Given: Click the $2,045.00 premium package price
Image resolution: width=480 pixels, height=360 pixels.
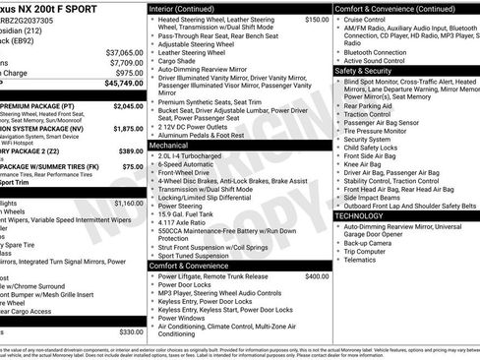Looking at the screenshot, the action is pyautogui.click(x=128, y=105).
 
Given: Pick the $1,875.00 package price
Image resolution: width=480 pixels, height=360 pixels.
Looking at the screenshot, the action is pyautogui.click(x=128, y=128).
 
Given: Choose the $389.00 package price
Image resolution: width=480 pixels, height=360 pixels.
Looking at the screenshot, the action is pyautogui.click(x=131, y=150).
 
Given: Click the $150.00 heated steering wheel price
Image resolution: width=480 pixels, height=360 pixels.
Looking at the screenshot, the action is pyautogui.click(x=317, y=19).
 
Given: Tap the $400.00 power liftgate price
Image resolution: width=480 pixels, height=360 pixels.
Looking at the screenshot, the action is pyautogui.click(x=317, y=276).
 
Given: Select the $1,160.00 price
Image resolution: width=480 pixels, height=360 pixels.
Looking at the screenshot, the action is pyautogui.click(x=128, y=203).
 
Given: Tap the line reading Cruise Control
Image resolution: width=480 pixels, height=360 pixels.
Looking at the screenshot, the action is pyautogui.click(x=368, y=19).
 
